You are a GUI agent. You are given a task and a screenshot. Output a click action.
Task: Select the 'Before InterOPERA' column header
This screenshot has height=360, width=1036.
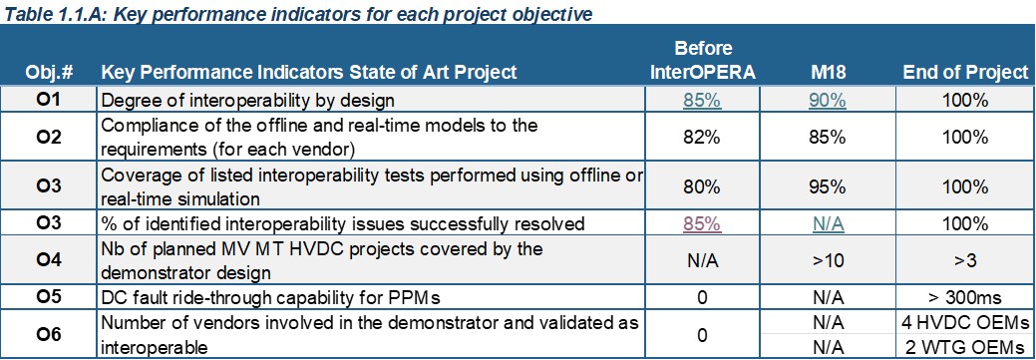point(702,60)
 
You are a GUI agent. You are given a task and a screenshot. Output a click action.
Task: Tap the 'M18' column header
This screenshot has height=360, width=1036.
point(829,72)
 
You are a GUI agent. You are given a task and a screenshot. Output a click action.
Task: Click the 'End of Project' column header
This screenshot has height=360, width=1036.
point(966,72)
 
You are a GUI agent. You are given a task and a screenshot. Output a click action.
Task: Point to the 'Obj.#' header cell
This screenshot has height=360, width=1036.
point(50,72)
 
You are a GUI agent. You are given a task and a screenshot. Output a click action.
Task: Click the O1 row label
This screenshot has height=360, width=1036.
point(50,101)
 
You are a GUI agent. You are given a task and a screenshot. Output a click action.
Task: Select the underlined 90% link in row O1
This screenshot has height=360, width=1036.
point(829,101)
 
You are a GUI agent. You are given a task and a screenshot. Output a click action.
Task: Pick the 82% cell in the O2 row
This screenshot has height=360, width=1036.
point(702,138)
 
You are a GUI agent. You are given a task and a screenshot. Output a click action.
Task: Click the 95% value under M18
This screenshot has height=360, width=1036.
point(829,186)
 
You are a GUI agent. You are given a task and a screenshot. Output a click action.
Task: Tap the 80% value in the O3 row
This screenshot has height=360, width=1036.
point(702,186)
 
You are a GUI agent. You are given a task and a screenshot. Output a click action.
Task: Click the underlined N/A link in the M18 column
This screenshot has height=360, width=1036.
point(829,224)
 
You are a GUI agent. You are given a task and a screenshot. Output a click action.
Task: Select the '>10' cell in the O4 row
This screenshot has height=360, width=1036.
point(829,261)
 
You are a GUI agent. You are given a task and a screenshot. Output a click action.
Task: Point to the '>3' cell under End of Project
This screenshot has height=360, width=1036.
point(966,261)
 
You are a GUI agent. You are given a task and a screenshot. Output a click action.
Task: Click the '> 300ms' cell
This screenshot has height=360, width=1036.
point(966,298)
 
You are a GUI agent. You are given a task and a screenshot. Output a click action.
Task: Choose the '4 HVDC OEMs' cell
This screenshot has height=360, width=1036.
point(966,323)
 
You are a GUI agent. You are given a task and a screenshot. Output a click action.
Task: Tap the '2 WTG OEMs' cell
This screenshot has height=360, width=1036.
point(966,347)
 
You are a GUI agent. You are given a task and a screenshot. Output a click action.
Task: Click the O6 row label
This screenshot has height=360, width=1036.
point(50,335)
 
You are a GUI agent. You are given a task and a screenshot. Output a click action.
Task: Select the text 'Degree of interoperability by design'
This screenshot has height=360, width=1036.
point(247,101)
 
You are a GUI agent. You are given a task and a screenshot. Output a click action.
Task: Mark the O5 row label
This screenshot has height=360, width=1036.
point(50,298)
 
